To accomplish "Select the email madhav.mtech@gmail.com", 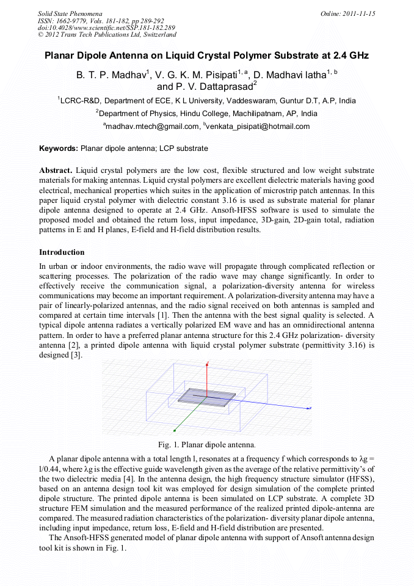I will (153, 126).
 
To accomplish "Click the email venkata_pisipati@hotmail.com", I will (258, 126).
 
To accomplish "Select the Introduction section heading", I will (62, 252).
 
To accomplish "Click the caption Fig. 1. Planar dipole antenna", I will (207, 444).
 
